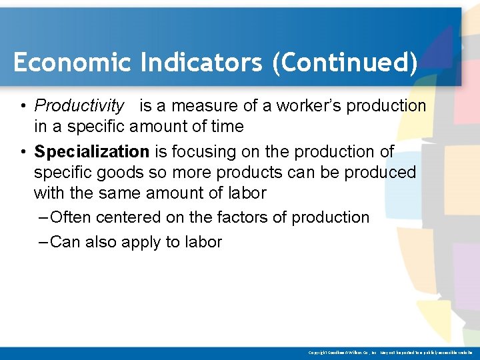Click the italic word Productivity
click(79, 105)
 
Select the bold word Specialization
click(92, 151)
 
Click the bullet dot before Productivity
click(23, 106)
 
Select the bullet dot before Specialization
click(23, 152)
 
